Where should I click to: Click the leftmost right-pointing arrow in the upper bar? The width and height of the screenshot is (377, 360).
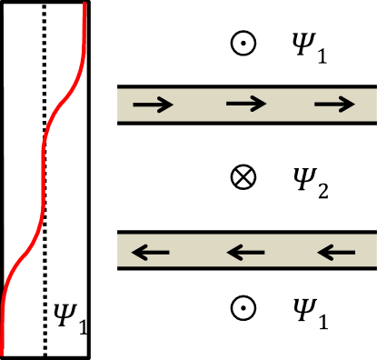pyautogui.click(x=153, y=105)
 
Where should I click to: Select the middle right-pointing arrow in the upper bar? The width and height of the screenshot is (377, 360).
pyautogui.click(x=245, y=104)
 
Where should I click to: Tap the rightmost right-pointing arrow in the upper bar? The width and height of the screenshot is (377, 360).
pyautogui.click(x=334, y=105)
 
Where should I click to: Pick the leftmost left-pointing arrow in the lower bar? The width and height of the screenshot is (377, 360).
pyautogui.click(x=151, y=252)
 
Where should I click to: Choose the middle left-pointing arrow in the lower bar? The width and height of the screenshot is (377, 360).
pyautogui.click(x=245, y=252)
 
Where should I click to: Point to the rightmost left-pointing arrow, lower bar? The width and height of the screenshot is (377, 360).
pyautogui.click(x=336, y=252)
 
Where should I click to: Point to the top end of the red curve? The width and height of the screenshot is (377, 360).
pyautogui.click(x=85, y=3)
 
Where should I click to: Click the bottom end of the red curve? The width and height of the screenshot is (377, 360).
pyautogui.click(x=3, y=354)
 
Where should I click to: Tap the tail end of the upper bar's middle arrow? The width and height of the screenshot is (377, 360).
pyautogui.click(x=226, y=104)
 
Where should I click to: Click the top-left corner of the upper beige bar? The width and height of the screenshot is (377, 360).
pyautogui.click(x=117, y=89)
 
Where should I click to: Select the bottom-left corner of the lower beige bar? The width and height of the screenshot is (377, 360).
pyautogui.click(x=117, y=266)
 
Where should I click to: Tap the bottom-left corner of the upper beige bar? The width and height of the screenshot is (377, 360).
pyautogui.click(x=117, y=121)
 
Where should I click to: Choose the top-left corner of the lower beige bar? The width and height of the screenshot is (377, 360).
pyautogui.click(x=117, y=235)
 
